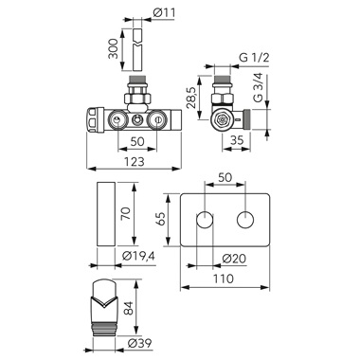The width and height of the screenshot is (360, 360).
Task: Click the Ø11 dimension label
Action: click(164, 12)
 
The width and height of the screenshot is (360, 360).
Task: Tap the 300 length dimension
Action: click(113, 48)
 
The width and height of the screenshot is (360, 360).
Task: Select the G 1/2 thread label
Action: click(254, 58)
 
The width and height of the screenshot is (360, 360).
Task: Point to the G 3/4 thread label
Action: click(259, 87)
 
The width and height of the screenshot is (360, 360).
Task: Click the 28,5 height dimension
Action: click(191, 98)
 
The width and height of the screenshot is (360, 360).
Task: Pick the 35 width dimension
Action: click(237, 140)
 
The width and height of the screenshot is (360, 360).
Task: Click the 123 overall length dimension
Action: click(134, 161)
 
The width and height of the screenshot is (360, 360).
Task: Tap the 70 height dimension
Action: click(125, 213)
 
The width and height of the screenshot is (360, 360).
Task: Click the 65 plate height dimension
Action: click(160, 219)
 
